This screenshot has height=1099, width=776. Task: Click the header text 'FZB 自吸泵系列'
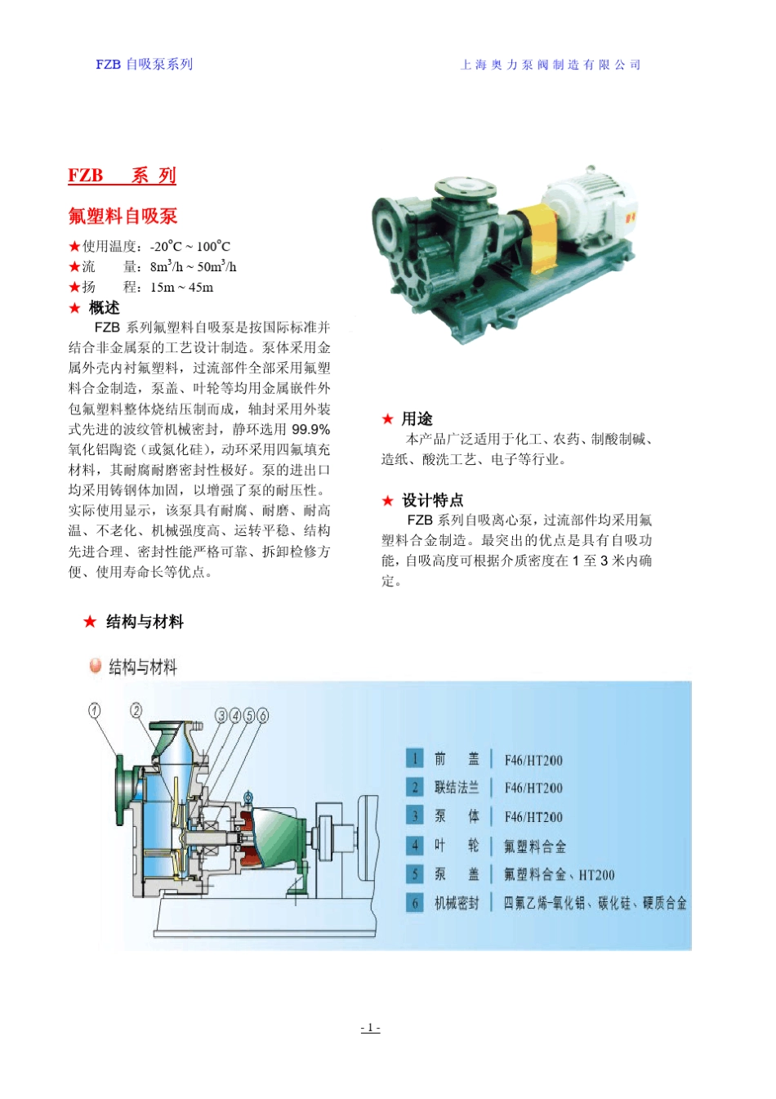point(144,65)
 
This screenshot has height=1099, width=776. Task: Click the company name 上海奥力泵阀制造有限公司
point(551,65)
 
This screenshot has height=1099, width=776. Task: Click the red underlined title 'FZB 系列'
point(122,176)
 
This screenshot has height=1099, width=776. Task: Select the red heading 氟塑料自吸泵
point(123,217)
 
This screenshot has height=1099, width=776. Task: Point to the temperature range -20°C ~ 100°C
point(190,247)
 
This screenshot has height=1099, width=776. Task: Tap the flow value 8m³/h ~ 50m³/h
point(193,267)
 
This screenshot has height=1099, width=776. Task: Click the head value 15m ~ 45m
point(181,288)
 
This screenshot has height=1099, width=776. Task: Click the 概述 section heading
point(104,308)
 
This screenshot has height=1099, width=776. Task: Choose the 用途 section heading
point(417,419)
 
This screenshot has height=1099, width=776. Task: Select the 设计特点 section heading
point(432,500)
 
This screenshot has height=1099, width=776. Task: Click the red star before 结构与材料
point(90,622)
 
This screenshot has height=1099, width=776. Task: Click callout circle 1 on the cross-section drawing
point(96,711)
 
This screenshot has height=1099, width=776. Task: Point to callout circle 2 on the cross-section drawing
point(136,710)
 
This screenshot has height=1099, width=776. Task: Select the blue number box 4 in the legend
point(415,845)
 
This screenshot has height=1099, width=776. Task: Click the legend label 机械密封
point(457,903)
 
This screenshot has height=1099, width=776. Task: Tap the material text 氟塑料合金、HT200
point(559,875)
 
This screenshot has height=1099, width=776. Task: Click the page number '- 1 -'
point(370,1028)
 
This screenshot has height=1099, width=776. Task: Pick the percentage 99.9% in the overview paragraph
point(311,430)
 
